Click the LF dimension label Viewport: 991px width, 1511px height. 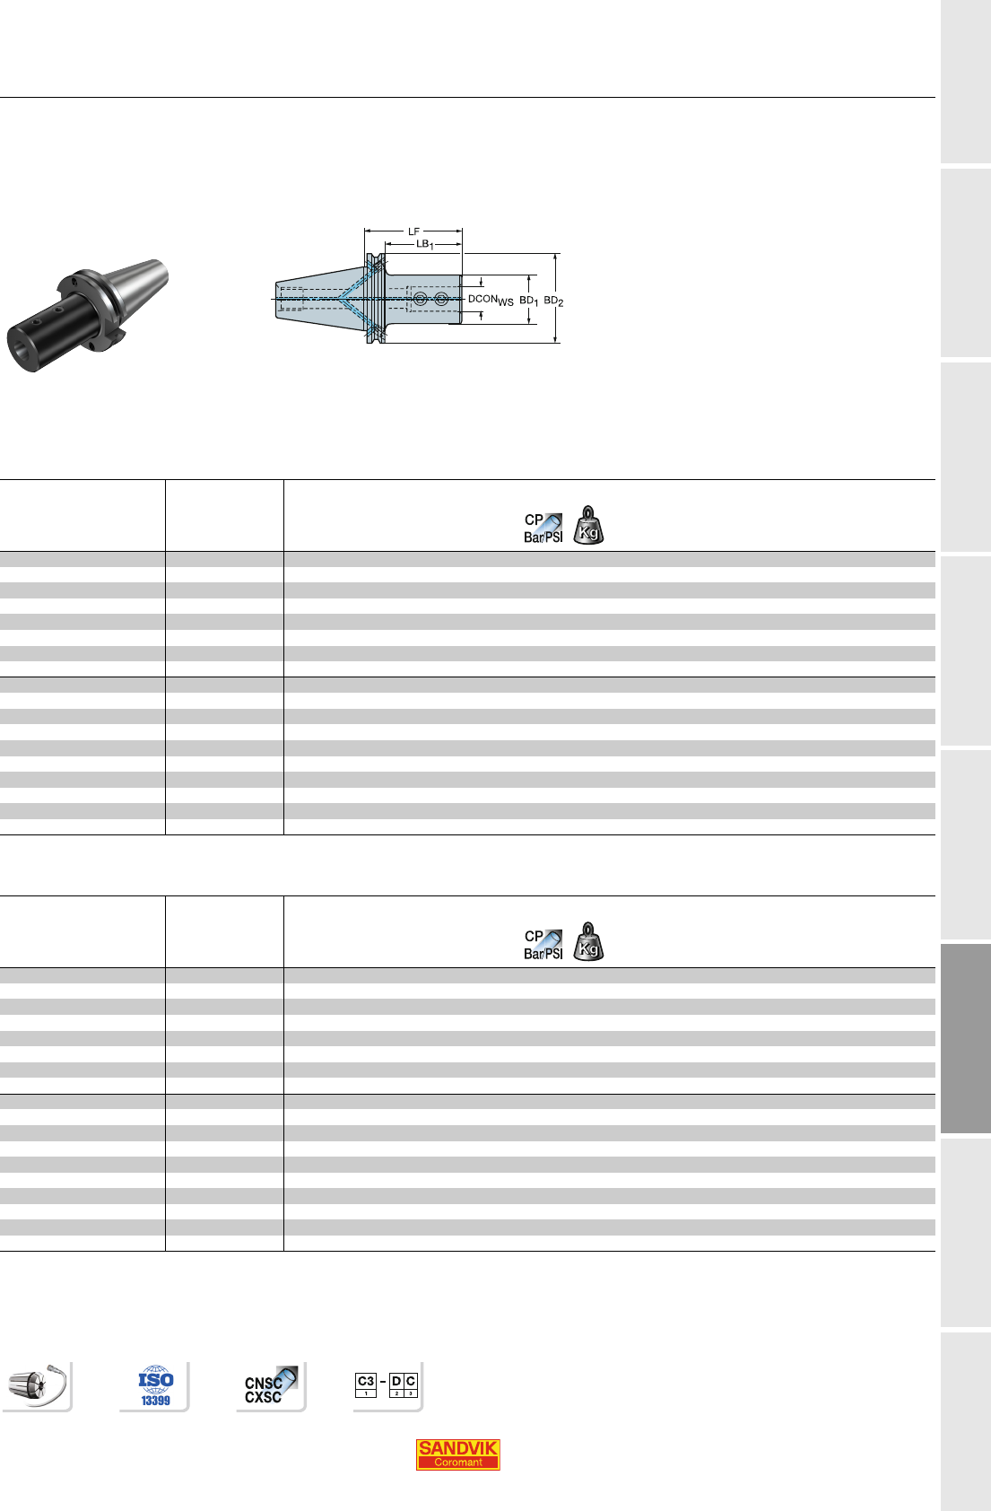click(x=413, y=231)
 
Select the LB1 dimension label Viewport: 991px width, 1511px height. click(x=425, y=244)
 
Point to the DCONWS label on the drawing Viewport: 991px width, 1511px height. click(x=491, y=301)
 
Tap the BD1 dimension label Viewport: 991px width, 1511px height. click(x=528, y=301)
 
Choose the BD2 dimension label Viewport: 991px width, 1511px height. click(x=553, y=301)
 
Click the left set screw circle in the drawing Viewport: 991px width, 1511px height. click(x=420, y=299)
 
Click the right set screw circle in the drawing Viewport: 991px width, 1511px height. click(x=441, y=299)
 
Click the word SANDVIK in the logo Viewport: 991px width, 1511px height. click(x=457, y=1448)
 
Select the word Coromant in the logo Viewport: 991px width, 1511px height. click(x=457, y=1463)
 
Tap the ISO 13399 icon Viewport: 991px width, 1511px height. click(x=156, y=1386)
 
